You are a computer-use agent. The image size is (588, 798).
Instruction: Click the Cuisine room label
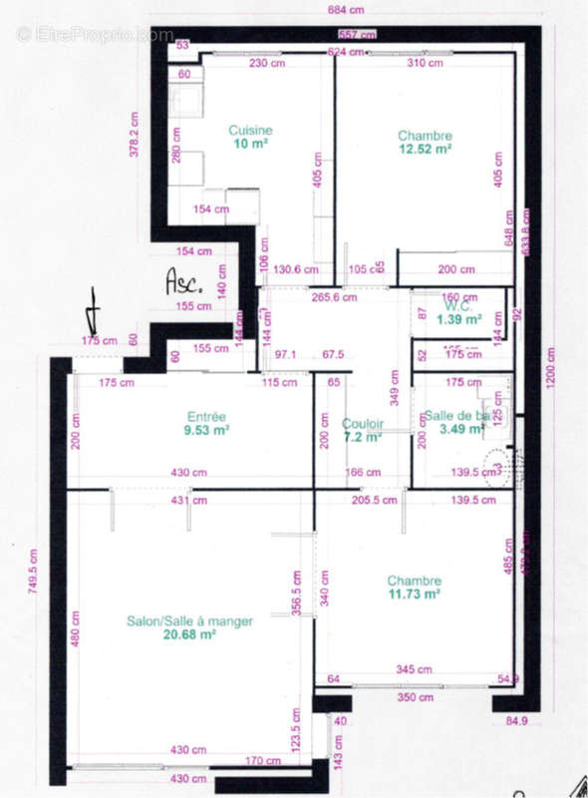click(x=250, y=131)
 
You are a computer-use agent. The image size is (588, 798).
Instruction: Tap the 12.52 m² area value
click(x=425, y=149)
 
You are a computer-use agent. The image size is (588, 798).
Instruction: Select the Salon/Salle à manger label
click(x=189, y=621)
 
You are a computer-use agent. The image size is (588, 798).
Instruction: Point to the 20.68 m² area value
click(x=189, y=634)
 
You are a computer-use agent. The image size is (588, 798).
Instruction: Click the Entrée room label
click(x=207, y=417)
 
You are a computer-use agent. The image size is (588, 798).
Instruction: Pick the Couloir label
click(x=363, y=424)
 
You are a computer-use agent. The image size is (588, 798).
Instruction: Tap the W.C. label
click(x=460, y=306)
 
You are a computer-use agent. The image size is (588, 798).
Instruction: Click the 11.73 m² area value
click(x=414, y=595)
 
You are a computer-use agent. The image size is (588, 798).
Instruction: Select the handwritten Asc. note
click(x=183, y=281)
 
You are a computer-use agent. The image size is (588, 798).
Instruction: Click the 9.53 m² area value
click(x=208, y=431)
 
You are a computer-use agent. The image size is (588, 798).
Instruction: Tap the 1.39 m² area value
click(x=459, y=319)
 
